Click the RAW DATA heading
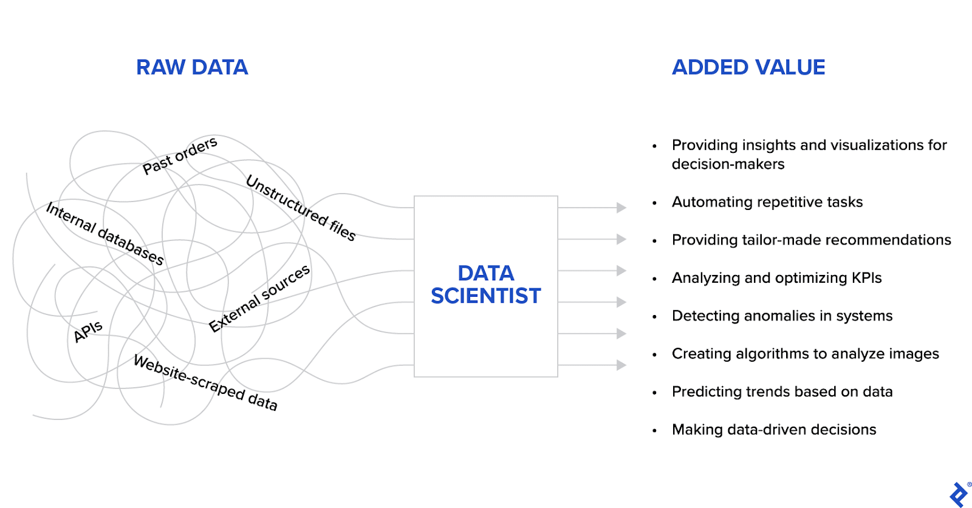point(192,67)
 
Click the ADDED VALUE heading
point(748,67)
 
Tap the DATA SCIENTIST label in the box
point(485,285)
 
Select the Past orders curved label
point(180,155)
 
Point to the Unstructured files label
point(301,208)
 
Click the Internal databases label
point(105,234)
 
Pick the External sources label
point(259,298)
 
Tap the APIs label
point(88,331)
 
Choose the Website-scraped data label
point(205,382)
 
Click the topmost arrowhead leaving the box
point(621,208)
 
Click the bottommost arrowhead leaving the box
point(621,365)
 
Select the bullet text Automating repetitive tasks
point(767,202)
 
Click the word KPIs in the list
point(866,278)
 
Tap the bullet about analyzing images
point(805,354)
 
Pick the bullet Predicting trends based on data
point(782,391)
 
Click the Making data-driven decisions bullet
point(773,430)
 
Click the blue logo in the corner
point(959,495)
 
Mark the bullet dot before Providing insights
point(654,146)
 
